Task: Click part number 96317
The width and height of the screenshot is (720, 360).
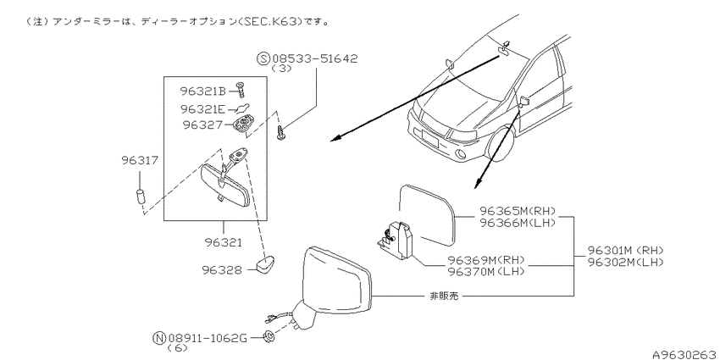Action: coord(140,160)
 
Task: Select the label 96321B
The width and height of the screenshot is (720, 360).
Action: coord(202,91)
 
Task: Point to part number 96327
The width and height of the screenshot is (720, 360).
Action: coord(202,125)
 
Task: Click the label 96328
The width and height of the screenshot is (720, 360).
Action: coord(222,270)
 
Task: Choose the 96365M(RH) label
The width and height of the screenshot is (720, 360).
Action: coord(518,211)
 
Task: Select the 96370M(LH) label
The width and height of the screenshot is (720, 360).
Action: coord(486,271)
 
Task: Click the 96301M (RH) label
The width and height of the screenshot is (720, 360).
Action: coord(626,250)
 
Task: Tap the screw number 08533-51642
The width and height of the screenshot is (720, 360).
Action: coord(314,58)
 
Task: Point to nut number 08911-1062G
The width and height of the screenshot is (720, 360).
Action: coord(208,339)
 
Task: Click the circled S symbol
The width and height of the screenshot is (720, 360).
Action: coord(263,58)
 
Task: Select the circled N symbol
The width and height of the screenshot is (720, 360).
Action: coord(158,339)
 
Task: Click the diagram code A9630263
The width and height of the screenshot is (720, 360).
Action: coord(685,354)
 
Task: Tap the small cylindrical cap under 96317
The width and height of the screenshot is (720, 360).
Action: coord(141,197)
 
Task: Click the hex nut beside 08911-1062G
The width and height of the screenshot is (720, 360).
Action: coord(269,336)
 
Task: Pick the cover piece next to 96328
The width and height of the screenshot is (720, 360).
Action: coord(263,265)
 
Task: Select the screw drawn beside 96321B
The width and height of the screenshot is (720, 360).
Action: coord(240,89)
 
